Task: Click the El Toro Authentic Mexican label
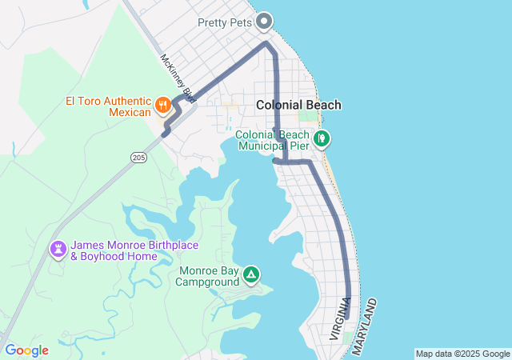tap(108, 106)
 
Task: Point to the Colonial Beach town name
tap(298, 105)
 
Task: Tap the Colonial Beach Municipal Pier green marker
tap(322, 138)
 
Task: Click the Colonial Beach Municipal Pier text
tap(271, 141)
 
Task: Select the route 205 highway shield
tap(139, 158)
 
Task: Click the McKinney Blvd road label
tap(178, 78)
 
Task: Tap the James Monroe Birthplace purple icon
tap(58, 250)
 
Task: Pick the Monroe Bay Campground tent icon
tap(251, 275)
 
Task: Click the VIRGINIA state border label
tap(340, 319)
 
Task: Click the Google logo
tap(26, 350)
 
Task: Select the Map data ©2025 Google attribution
tap(462, 354)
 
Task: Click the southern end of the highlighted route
tap(347, 317)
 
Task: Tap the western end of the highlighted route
tap(164, 134)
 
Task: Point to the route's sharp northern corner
tap(266, 43)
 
